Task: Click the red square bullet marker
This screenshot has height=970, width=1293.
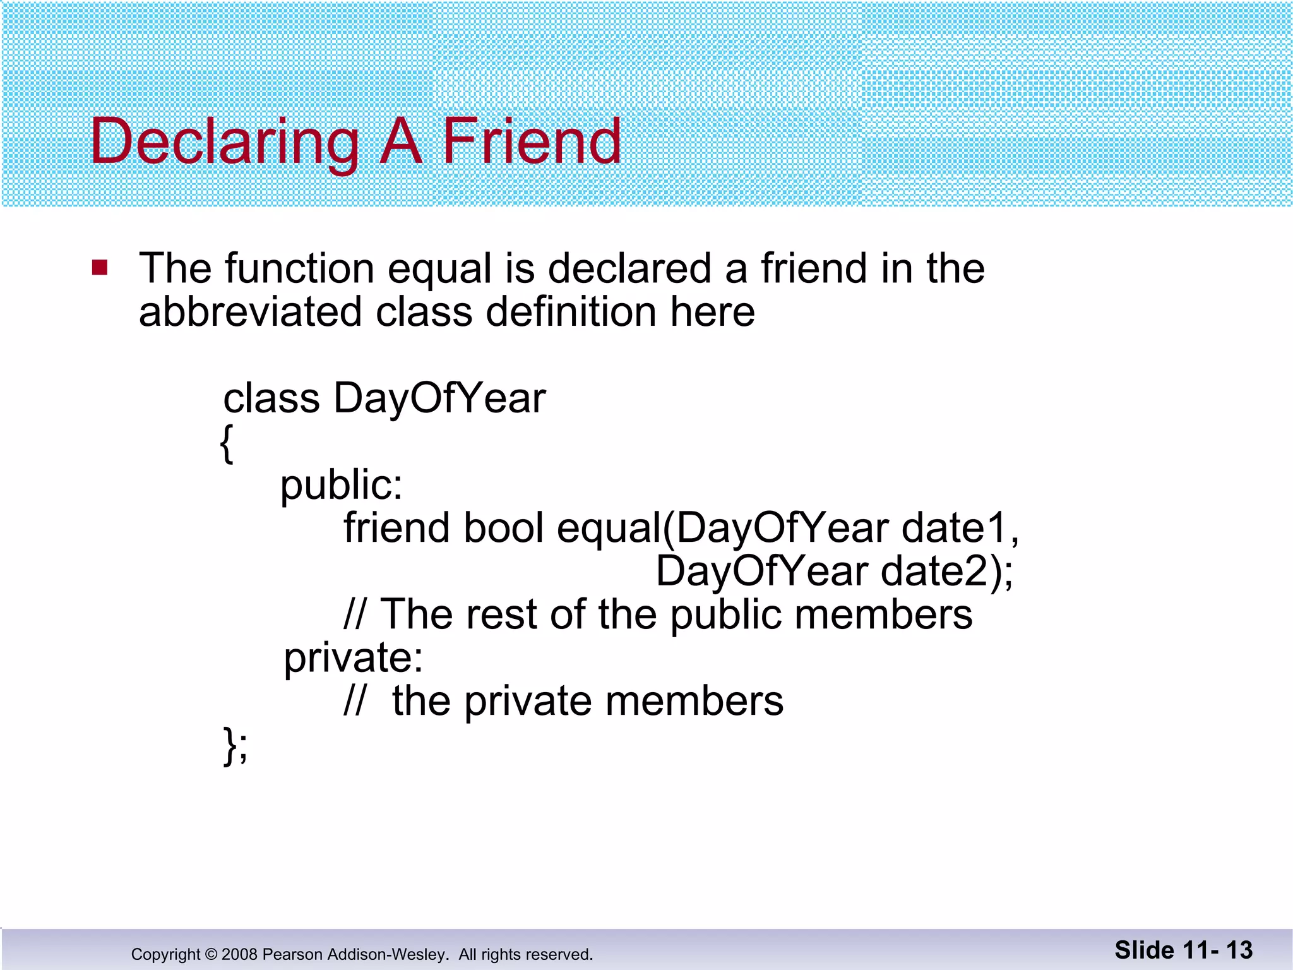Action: [x=100, y=268]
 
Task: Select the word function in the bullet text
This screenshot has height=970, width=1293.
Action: [x=299, y=268]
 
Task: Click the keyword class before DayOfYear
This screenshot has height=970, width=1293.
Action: [x=271, y=399]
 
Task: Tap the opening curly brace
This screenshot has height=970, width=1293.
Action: [x=227, y=443]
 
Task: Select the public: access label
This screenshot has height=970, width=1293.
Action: [x=341, y=485]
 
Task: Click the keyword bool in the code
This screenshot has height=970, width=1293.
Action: [x=503, y=528]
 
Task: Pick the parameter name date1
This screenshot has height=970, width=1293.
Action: [x=959, y=528]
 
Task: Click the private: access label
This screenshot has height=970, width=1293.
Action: [x=353, y=658]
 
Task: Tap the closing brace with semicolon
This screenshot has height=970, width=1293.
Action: [x=235, y=746]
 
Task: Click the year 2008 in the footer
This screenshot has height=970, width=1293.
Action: [x=240, y=954]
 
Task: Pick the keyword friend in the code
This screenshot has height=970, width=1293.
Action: [x=396, y=528]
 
